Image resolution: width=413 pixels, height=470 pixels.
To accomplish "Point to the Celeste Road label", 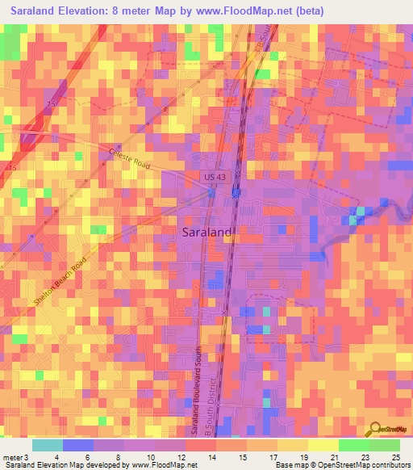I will point(130,157).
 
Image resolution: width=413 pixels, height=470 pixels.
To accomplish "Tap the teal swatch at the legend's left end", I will point(48,445).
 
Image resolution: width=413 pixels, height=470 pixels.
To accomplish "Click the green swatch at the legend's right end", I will point(385,445).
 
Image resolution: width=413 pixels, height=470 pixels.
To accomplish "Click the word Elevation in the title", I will point(87,11).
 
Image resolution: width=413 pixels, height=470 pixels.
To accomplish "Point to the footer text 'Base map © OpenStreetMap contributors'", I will point(341,465).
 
